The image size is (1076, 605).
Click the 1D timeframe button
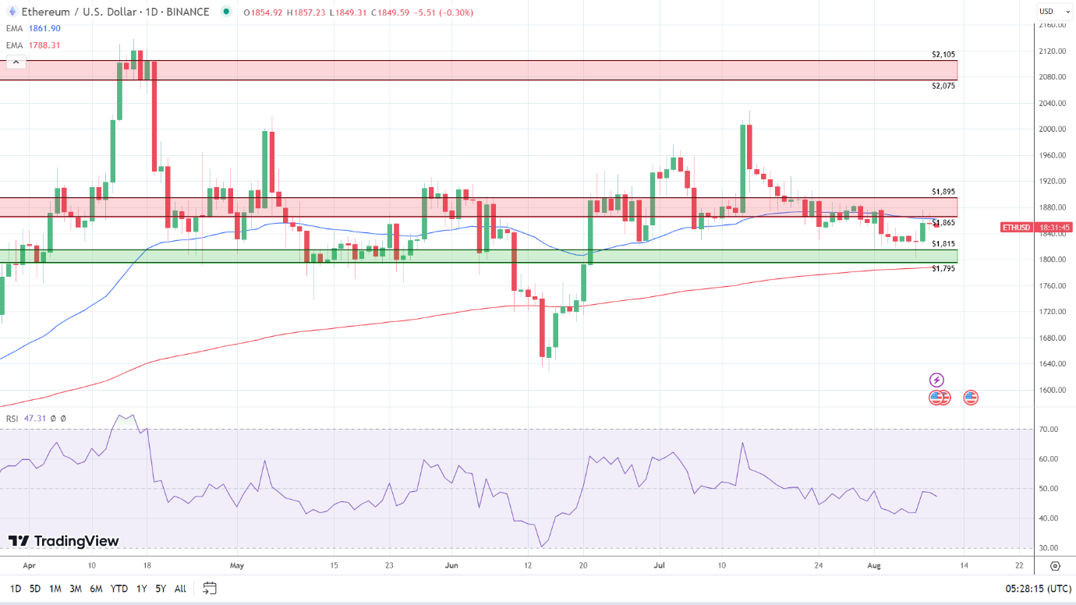coord(16,589)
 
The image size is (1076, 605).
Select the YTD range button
coord(119,589)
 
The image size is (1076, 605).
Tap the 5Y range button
coord(160,589)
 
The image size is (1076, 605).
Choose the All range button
coord(180,589)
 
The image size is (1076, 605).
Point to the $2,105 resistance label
coord(943,55)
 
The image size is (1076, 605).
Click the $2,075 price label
coord(943,86)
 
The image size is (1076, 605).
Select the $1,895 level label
coord(943,192)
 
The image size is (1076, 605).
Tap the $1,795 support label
coord(943,268)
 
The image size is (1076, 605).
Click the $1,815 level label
coord(943,244)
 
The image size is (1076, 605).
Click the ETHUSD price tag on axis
coord(1016,228)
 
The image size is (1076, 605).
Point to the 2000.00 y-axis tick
coord(1052,129)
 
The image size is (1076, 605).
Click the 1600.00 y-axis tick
coord(1052,390)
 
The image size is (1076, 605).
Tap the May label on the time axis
coord(237,566)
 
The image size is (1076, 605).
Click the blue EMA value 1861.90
coord(44,28)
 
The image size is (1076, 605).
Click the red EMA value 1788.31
coord(44,45)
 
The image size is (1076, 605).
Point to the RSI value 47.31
coord(35,419)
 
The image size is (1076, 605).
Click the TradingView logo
coord(64,541)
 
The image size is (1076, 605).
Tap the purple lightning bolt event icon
coord(936,380)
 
